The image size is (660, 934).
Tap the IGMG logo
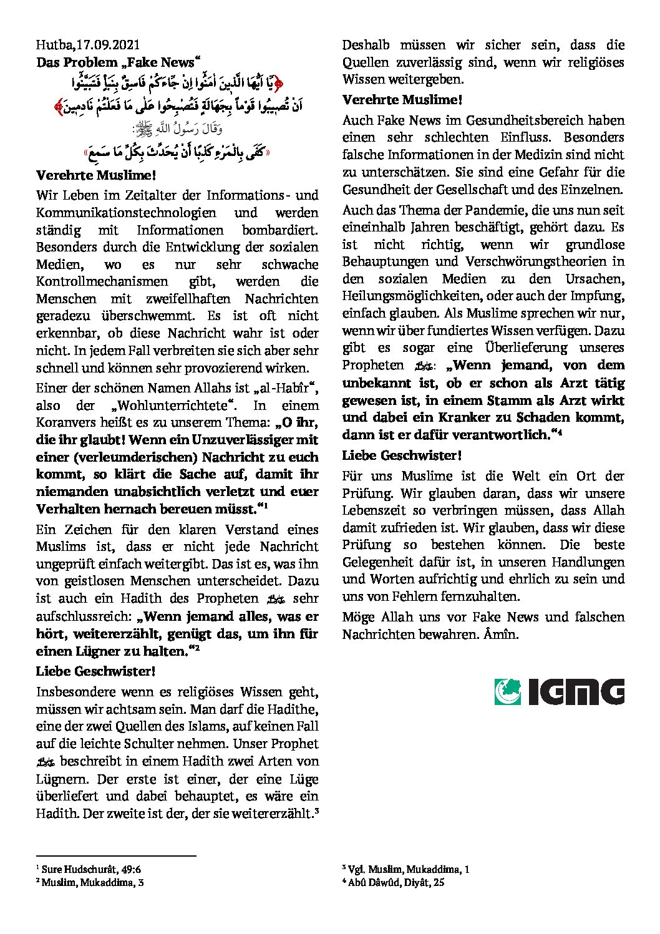click(x=559, y=691)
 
